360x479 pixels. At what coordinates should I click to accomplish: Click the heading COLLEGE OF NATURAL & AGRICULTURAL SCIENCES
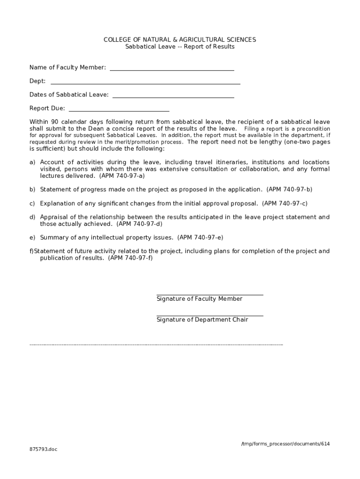pyautogui.click(x=180, y=40)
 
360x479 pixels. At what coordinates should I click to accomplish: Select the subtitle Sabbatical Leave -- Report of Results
pyautogui.click(x=180, y=47)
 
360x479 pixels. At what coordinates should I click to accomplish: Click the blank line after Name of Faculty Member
pyautogui.click(x=172, y=70)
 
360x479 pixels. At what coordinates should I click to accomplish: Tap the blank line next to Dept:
pyautogui.click(x=145, y=83)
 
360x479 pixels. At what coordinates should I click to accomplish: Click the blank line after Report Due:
pyautogui.click(x=119, y=111)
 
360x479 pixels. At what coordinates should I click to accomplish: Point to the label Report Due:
pyautogui.click(x=47, y=109)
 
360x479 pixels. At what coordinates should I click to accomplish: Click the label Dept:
pyautogui.click(x=37, y=81)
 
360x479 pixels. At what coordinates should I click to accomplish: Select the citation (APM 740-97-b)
pyautogui.click(x=289, y=189)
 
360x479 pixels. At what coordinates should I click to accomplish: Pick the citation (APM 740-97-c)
pyautogui.click(x=285, y=203)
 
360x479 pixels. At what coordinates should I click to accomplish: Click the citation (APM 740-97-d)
pyautogui.click(x=139, y=224)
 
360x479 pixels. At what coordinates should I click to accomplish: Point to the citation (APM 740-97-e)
pyautogui.click(x=200, y=238)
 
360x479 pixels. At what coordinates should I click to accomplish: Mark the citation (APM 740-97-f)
pyautogui.click(x=130, y=258)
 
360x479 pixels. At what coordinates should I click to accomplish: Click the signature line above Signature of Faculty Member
pyautogui.click(x=209, y=295)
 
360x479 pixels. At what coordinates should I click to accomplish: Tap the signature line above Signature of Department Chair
pyautogui.click(x=209, y=316)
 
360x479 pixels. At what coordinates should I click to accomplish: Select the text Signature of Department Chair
pyautogui.click(x=202, y=320)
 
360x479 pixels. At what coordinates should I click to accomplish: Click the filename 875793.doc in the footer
pyautogui.click(x=43, y=450)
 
